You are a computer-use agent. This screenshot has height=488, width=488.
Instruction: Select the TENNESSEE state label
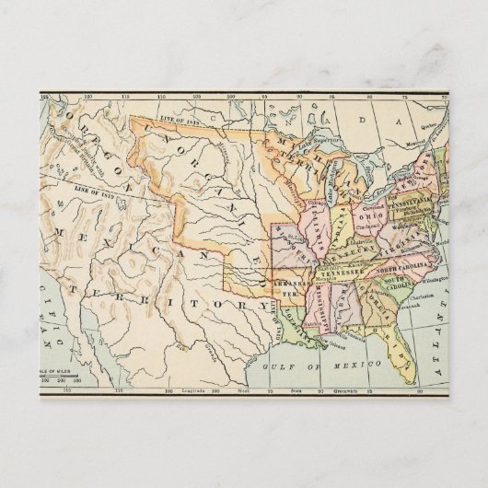[343, 273]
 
